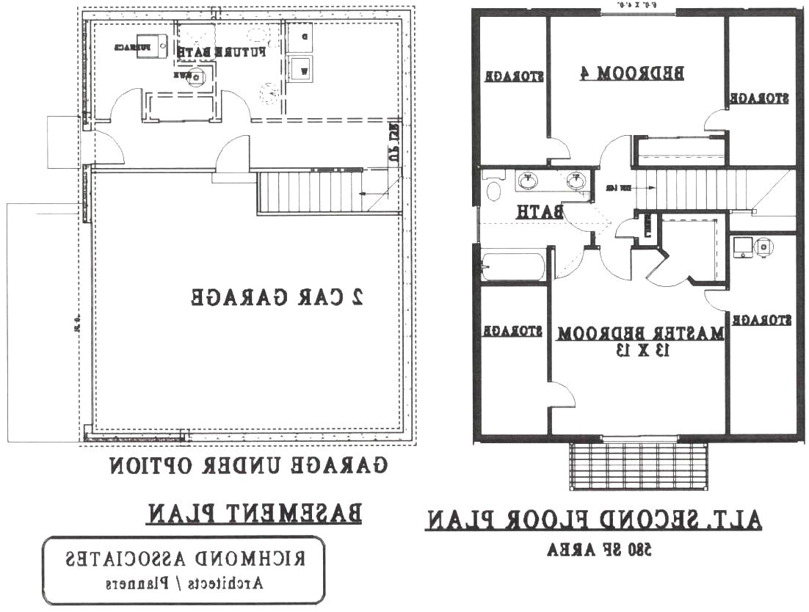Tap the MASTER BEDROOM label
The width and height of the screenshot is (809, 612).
pyautogui.click(x=640, y=333)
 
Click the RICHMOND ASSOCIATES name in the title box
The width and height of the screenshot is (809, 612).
pyautogui.click(x=183, y=560)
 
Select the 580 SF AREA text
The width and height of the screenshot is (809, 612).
pyautogui.click(x=601, y=549)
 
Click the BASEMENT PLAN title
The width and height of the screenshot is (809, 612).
pyautogui.click(x=254, y=513)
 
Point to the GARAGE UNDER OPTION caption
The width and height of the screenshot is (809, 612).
pyautogui.click(x=249, y=465)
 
